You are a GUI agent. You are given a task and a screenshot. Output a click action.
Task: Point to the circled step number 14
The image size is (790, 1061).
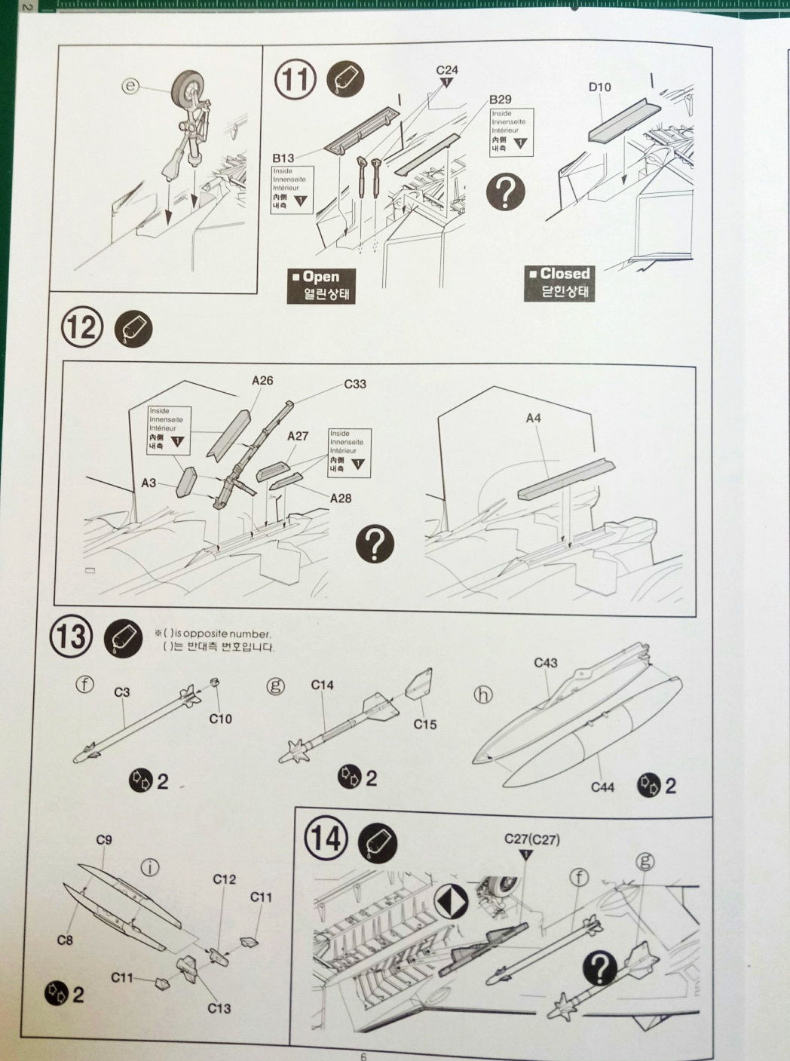tap(326, 838)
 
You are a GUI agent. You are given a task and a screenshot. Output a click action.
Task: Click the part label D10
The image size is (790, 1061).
tap(599, 87)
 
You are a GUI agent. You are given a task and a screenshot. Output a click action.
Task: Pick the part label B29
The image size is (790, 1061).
tap(500, 100)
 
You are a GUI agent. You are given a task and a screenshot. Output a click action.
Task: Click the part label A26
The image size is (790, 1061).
tap(262, 381)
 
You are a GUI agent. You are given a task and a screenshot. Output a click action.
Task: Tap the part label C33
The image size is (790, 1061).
tap(355, 384)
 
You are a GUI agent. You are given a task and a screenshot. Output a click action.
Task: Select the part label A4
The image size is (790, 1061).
tap(533, 418)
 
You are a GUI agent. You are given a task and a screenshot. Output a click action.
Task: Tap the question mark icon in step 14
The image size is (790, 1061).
tap(605, 967)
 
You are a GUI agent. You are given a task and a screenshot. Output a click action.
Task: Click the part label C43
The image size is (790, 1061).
tap(545, 663)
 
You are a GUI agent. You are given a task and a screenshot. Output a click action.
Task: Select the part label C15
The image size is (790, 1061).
tap(424, 725)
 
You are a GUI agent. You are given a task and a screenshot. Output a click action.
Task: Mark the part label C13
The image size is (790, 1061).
tap(219, 1008)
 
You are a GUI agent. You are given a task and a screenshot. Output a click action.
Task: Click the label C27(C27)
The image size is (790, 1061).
tap(531, 839)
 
